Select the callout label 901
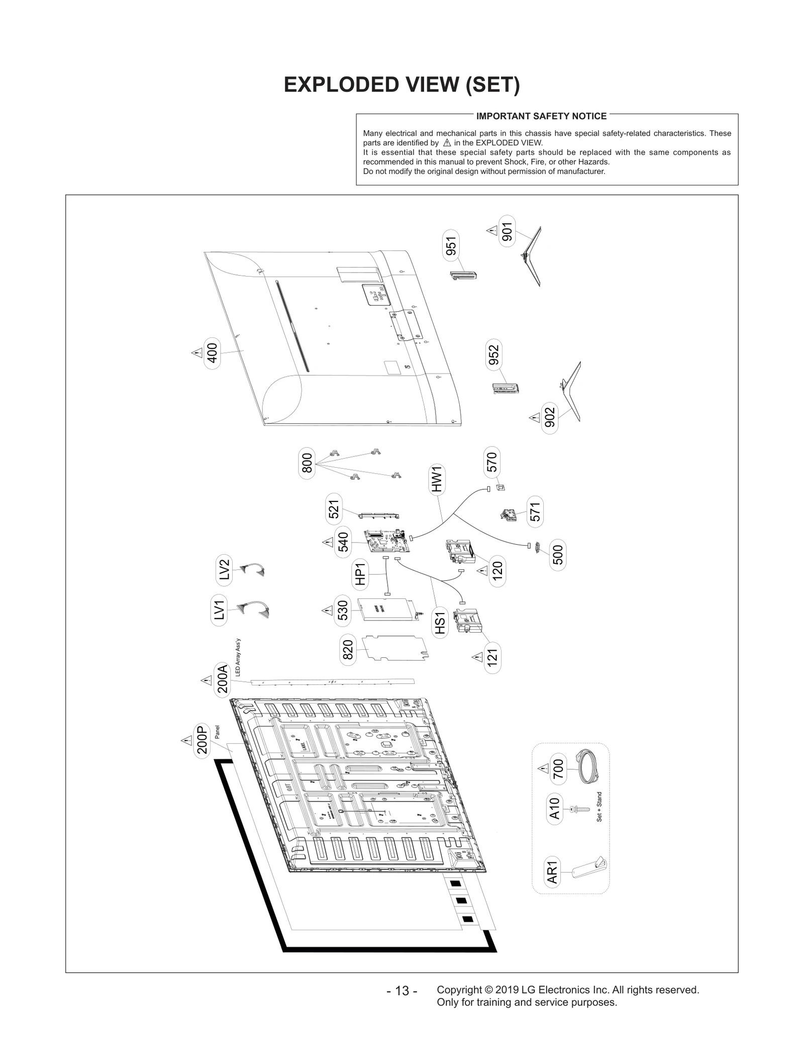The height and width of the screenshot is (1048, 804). coord(507,231)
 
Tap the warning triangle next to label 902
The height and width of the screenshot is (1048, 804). coord(534,417)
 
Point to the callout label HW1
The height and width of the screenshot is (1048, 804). coord(437,479)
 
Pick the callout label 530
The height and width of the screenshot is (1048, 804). coord(343,610)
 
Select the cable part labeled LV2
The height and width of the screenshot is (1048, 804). coord(253,570)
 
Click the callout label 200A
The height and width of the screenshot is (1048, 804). coord(222,679)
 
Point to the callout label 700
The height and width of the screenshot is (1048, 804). coord(558,769)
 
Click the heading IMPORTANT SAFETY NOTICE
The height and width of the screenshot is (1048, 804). coord(541,116)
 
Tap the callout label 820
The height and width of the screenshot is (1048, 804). coord(348,650)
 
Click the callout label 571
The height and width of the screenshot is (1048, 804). coord(535,511)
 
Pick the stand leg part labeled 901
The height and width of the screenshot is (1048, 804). coord(532,256)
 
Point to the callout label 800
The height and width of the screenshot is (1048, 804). coord(307,463)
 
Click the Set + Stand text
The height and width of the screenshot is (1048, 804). coord(599,807)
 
